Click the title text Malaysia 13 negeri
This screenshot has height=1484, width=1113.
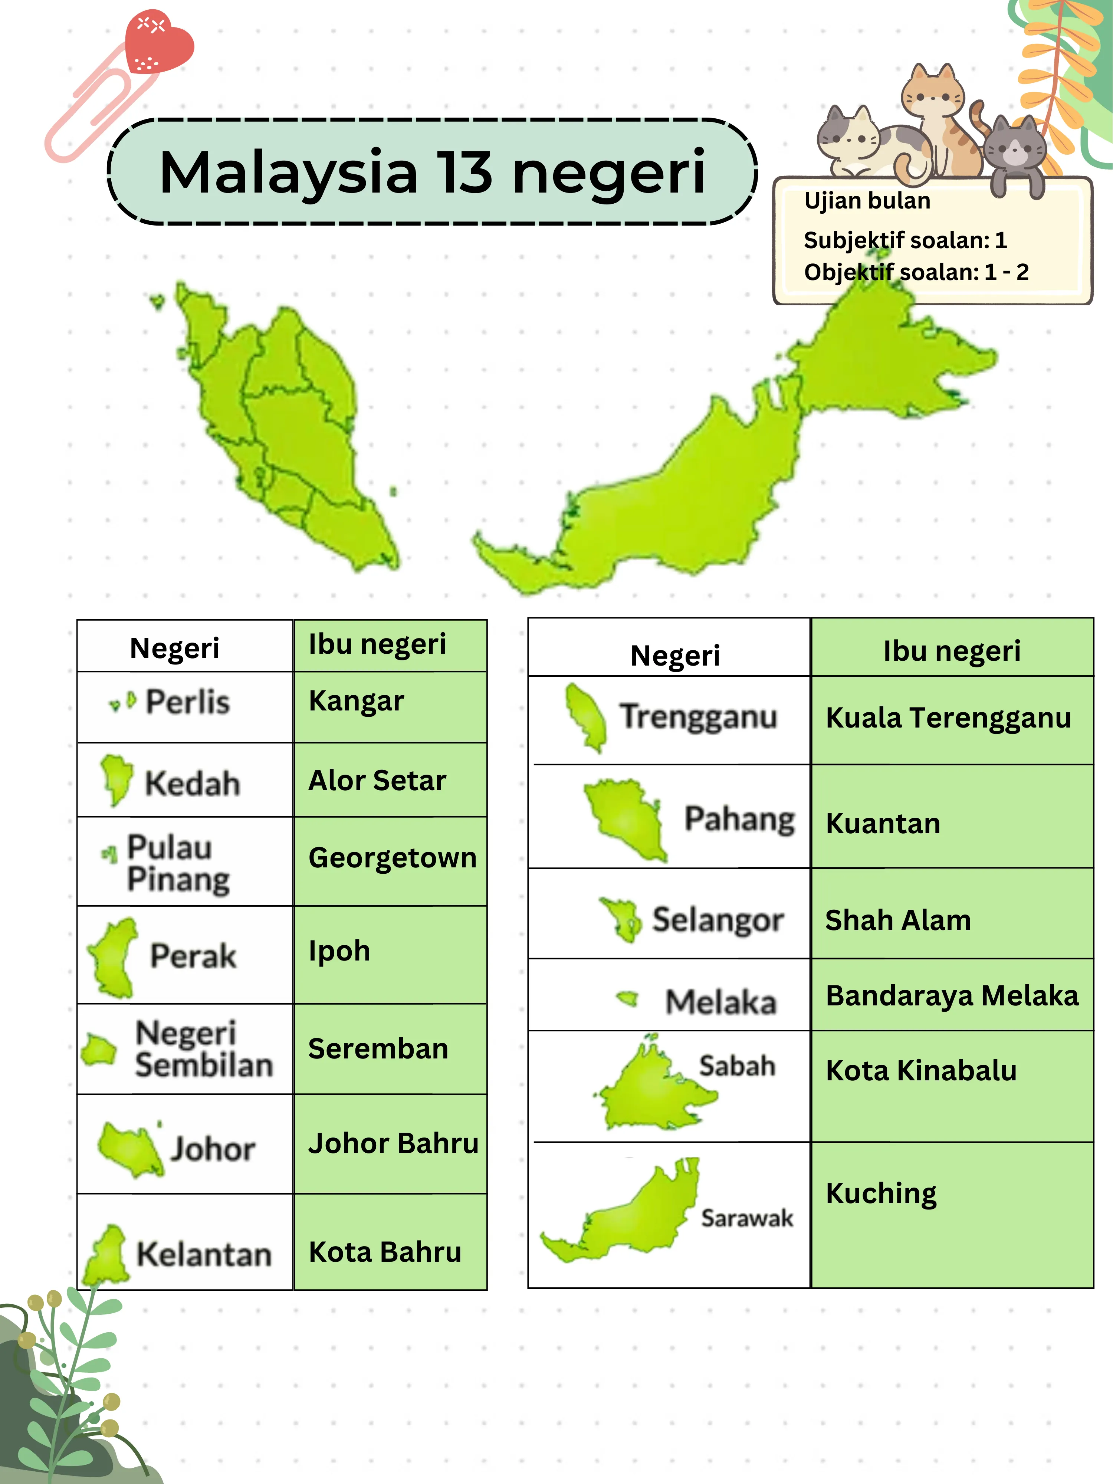[x=432, y=173]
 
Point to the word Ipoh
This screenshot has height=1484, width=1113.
[x=339, y=951]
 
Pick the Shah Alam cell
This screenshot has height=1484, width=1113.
[x=898, y=920]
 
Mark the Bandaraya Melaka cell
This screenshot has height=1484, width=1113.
[x=952, y=996]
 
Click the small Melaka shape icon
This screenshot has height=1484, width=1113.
[x=628, y=999]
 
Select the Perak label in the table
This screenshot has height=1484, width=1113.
[x=193, y=955]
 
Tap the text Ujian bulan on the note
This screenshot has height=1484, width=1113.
[x=867, y=201]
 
